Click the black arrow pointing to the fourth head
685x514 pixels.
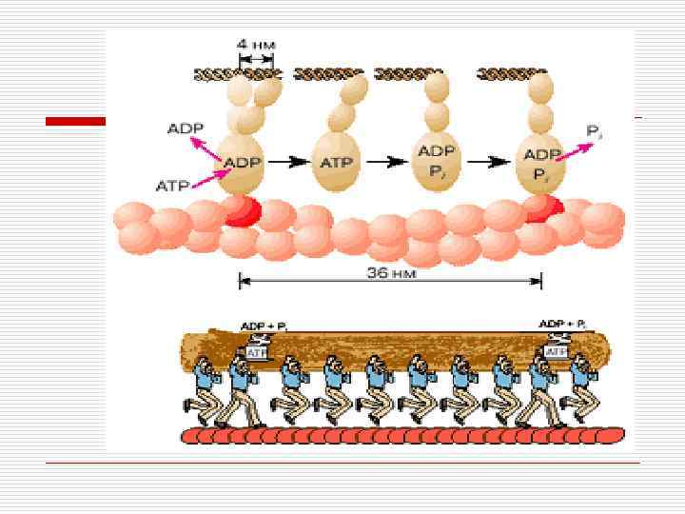(491, 162)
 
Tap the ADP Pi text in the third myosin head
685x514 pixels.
(438, 162)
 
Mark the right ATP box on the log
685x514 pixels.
(553, 352)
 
